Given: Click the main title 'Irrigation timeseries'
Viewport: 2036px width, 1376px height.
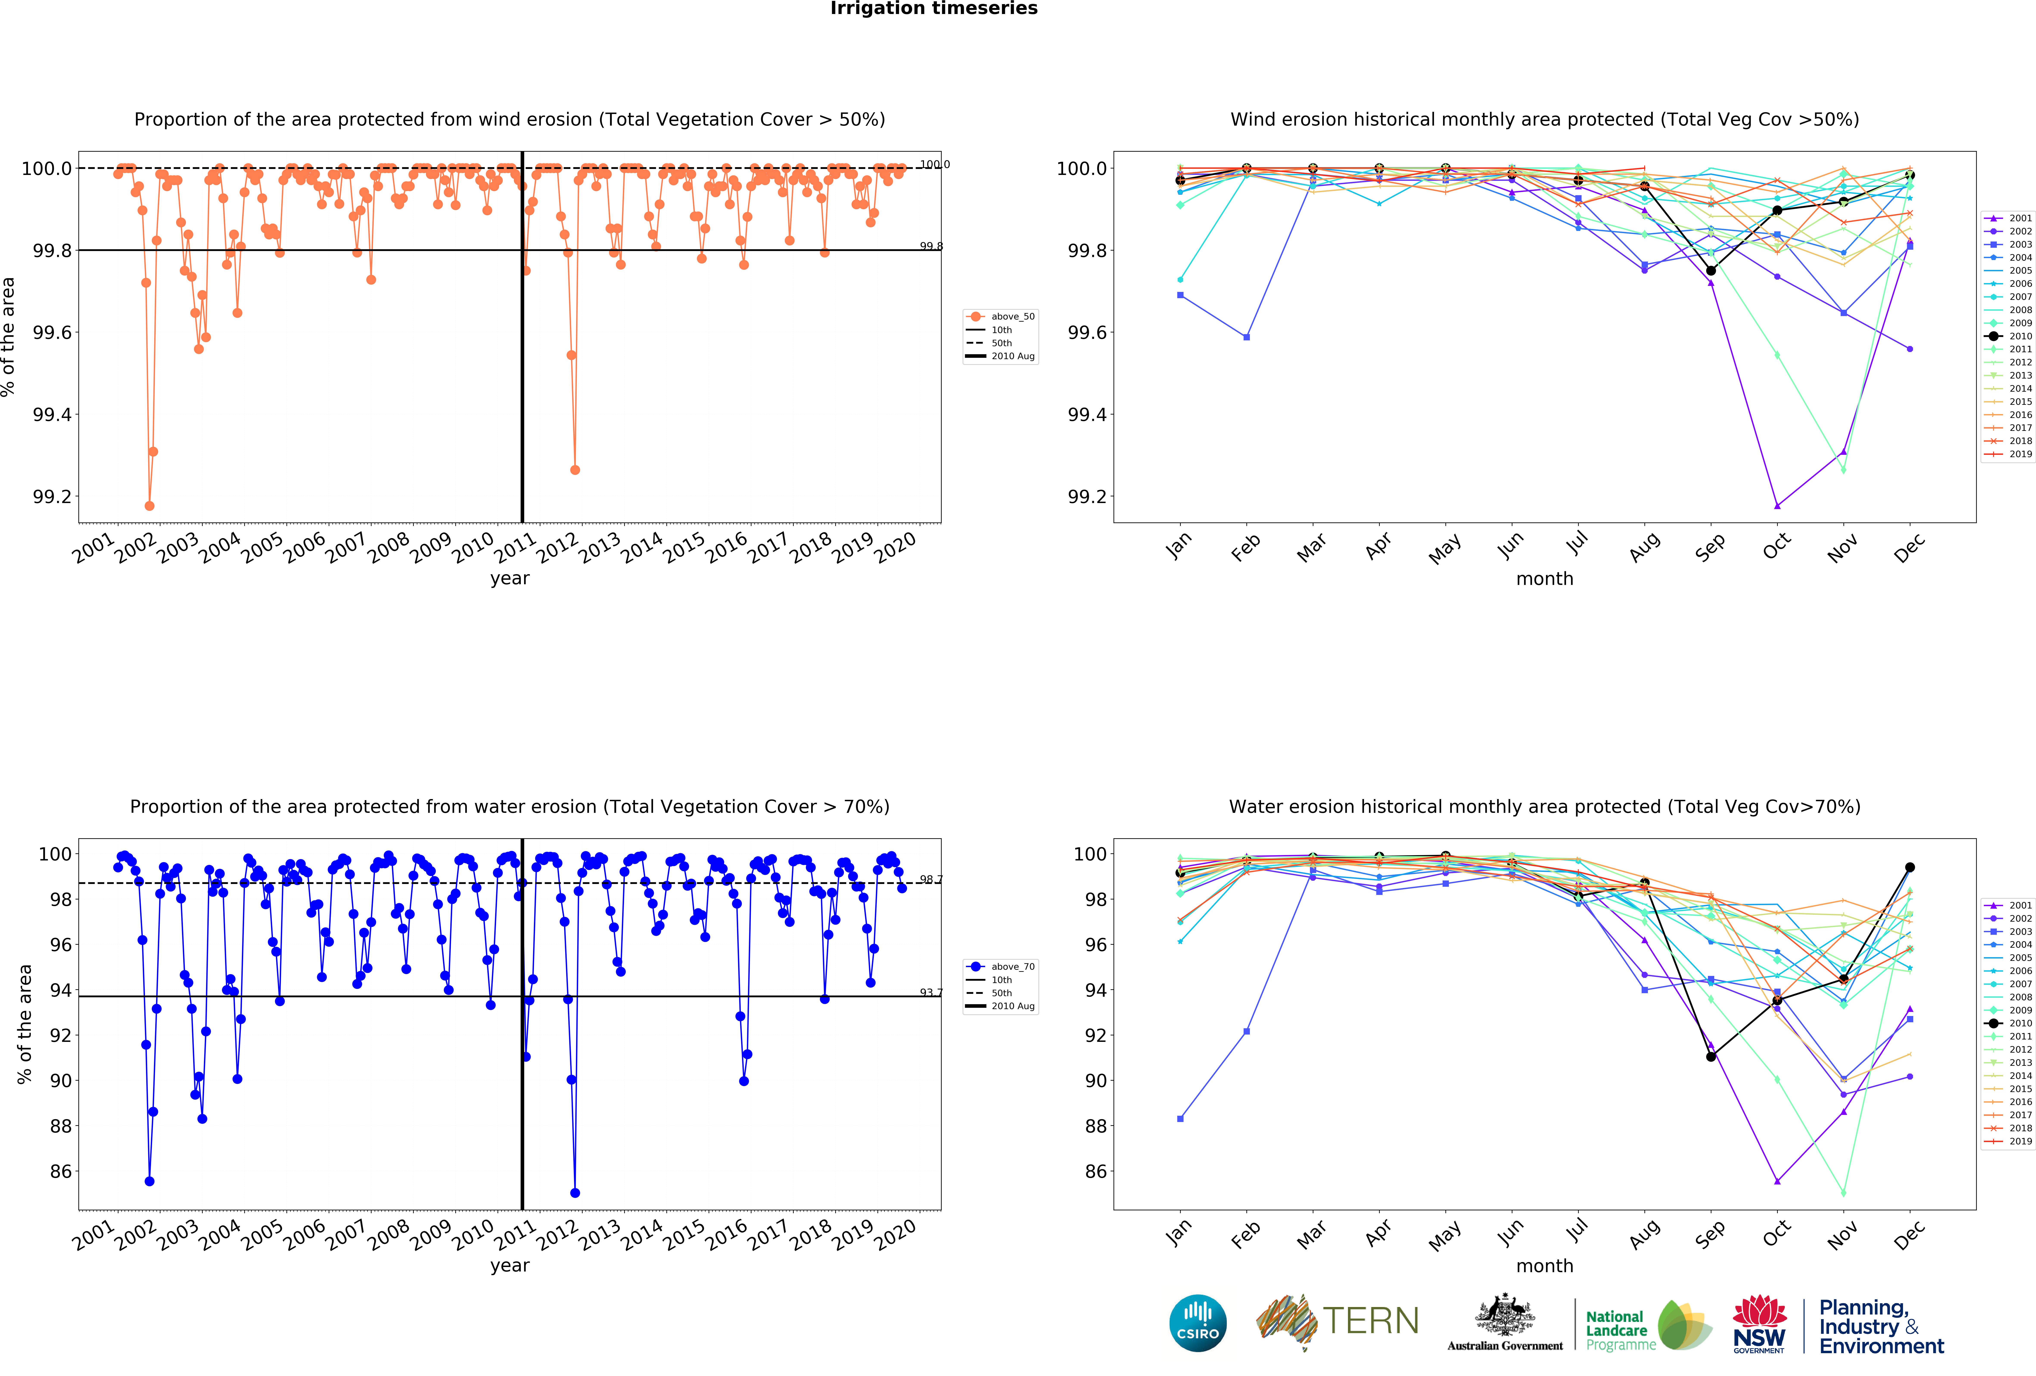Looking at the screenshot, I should pyautogui.click(x=934, y=9).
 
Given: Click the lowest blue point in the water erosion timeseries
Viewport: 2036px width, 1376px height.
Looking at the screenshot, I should pyautogui.click(x=575, y=1193).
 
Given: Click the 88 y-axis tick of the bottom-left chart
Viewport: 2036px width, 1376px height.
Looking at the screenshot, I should pyautogui.click(x=61, y=1126).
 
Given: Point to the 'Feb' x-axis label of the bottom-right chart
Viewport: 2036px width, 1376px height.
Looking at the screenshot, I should pyautogui.click(x=1246, y=1234).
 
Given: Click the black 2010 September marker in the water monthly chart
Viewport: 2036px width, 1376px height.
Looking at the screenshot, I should pyautogui.click(x=1711, y=1057).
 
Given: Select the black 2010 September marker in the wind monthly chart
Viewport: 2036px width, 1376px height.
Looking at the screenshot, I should pyautogui.click(x=1711, y=271).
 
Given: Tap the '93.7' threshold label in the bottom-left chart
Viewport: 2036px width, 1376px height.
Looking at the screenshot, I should pyautogui.click(x=930, y=993).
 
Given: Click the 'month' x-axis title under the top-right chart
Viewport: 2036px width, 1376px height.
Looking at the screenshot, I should pyautogui.click(x=1544, y=579).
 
